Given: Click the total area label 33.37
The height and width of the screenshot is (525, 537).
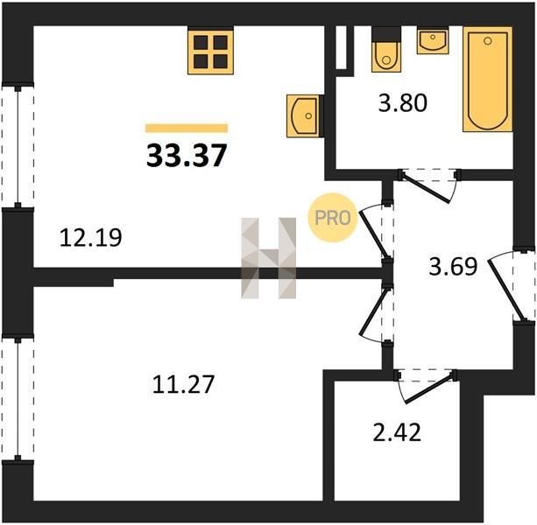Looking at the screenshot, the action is (187, 155).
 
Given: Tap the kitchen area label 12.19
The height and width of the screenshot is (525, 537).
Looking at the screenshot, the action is (91, 238).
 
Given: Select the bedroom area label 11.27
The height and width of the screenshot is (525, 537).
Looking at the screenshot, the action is (183, 384).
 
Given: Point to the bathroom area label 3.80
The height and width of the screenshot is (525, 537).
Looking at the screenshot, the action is (403, 103).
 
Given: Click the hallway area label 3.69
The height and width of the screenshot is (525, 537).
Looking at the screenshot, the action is (453, 266).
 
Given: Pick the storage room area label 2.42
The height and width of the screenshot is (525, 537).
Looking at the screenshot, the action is (397, 432).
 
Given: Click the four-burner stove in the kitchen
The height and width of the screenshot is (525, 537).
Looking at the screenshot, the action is (210, 52).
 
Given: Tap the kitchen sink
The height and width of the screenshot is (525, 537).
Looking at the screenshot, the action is (303, 116).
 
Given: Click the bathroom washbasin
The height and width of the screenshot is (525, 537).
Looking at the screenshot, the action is (433, 41).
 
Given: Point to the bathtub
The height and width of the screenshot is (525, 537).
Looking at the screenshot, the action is (488, 80).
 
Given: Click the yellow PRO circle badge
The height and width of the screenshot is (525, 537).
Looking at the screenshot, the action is (333, 218).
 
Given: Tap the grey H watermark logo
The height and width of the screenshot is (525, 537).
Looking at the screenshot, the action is (268, 258).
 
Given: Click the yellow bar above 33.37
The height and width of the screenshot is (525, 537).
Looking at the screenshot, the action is (187, 128).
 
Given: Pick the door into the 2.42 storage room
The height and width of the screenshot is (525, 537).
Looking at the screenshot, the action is (427, 387).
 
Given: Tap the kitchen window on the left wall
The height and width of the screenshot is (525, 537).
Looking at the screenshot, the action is (18, 145).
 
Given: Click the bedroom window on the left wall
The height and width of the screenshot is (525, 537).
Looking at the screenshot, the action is (18, 399).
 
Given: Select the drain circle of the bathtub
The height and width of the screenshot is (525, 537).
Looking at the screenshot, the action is (488, 41).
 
